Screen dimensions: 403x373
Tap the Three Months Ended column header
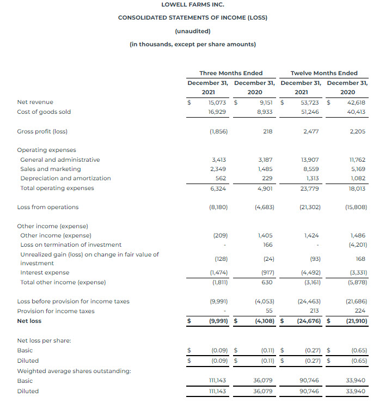click(x=231, y=73)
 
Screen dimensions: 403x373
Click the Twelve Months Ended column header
click(x=324, y=73)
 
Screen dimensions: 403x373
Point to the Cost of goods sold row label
click(x=44, y=112)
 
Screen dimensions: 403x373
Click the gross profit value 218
click(x=267, y=131)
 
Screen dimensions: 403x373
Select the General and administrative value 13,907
click(x=309, y=160)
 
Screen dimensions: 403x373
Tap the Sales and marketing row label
click(x=50, y=169)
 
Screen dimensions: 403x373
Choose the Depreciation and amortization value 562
click(x=221, y=178)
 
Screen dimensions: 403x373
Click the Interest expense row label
click(x=45, y=272)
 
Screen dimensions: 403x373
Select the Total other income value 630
click(x=267, y=282)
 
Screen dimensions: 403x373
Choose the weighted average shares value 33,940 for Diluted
click(x=357, y=390)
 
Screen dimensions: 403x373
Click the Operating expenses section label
click(x=46, y=150)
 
